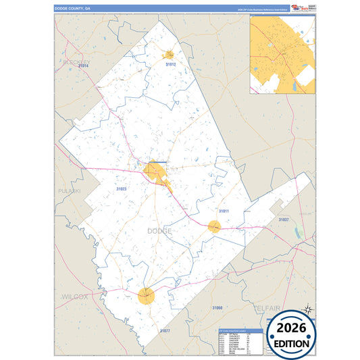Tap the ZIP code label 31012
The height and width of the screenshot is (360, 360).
click(171, 64)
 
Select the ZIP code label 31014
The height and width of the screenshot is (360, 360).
click(83, 66)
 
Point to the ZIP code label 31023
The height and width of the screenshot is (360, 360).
click(122, 188)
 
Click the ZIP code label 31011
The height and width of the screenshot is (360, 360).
click(224, 211)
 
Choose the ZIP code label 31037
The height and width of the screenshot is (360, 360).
click(284, 220)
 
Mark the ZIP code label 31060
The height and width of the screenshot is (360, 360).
click(217, 307)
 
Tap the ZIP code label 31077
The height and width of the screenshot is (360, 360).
click(165, 330)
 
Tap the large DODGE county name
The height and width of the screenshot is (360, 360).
click(159, 231)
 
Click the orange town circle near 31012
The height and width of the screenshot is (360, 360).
click(170, 54)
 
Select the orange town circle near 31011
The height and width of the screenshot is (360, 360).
click(214, 226)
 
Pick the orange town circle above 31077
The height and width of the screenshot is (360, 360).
click(147, 294)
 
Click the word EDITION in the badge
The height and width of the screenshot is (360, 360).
click(292, 343)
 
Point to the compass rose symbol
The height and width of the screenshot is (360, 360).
click(307, 310)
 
